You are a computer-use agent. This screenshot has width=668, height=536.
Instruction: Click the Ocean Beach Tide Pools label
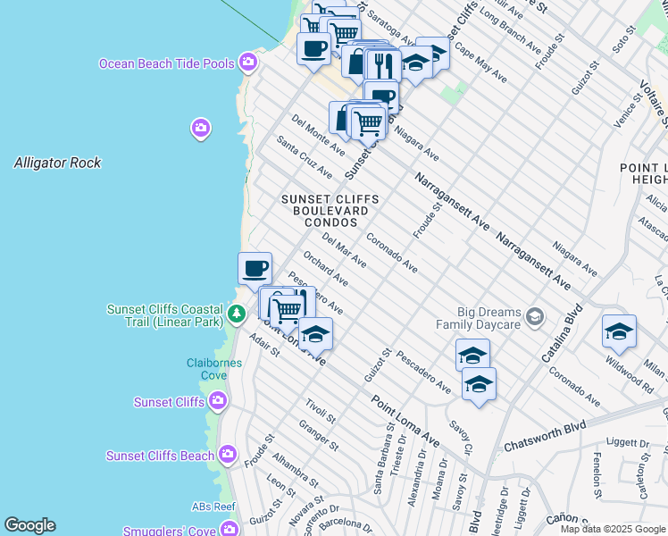(167, 63)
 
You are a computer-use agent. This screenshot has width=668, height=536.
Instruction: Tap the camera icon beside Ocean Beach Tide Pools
(248, 63)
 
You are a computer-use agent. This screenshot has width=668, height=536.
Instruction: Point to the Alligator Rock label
(57, 163)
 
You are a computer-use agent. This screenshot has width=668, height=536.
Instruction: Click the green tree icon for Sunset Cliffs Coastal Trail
(236, 314)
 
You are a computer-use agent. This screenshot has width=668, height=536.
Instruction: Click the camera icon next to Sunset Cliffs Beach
(228, 456)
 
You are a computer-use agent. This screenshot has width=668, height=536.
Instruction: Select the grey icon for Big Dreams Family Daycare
(534, 316)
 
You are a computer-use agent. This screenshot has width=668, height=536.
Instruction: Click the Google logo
(29, 525)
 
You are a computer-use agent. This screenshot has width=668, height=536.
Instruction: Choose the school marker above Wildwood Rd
(619, 331)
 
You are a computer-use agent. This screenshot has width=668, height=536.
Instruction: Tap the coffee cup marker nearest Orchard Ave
(255, 268)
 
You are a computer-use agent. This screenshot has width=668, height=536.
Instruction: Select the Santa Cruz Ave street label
(304, 157)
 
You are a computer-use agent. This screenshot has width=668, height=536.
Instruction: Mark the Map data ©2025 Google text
(613, 529)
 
